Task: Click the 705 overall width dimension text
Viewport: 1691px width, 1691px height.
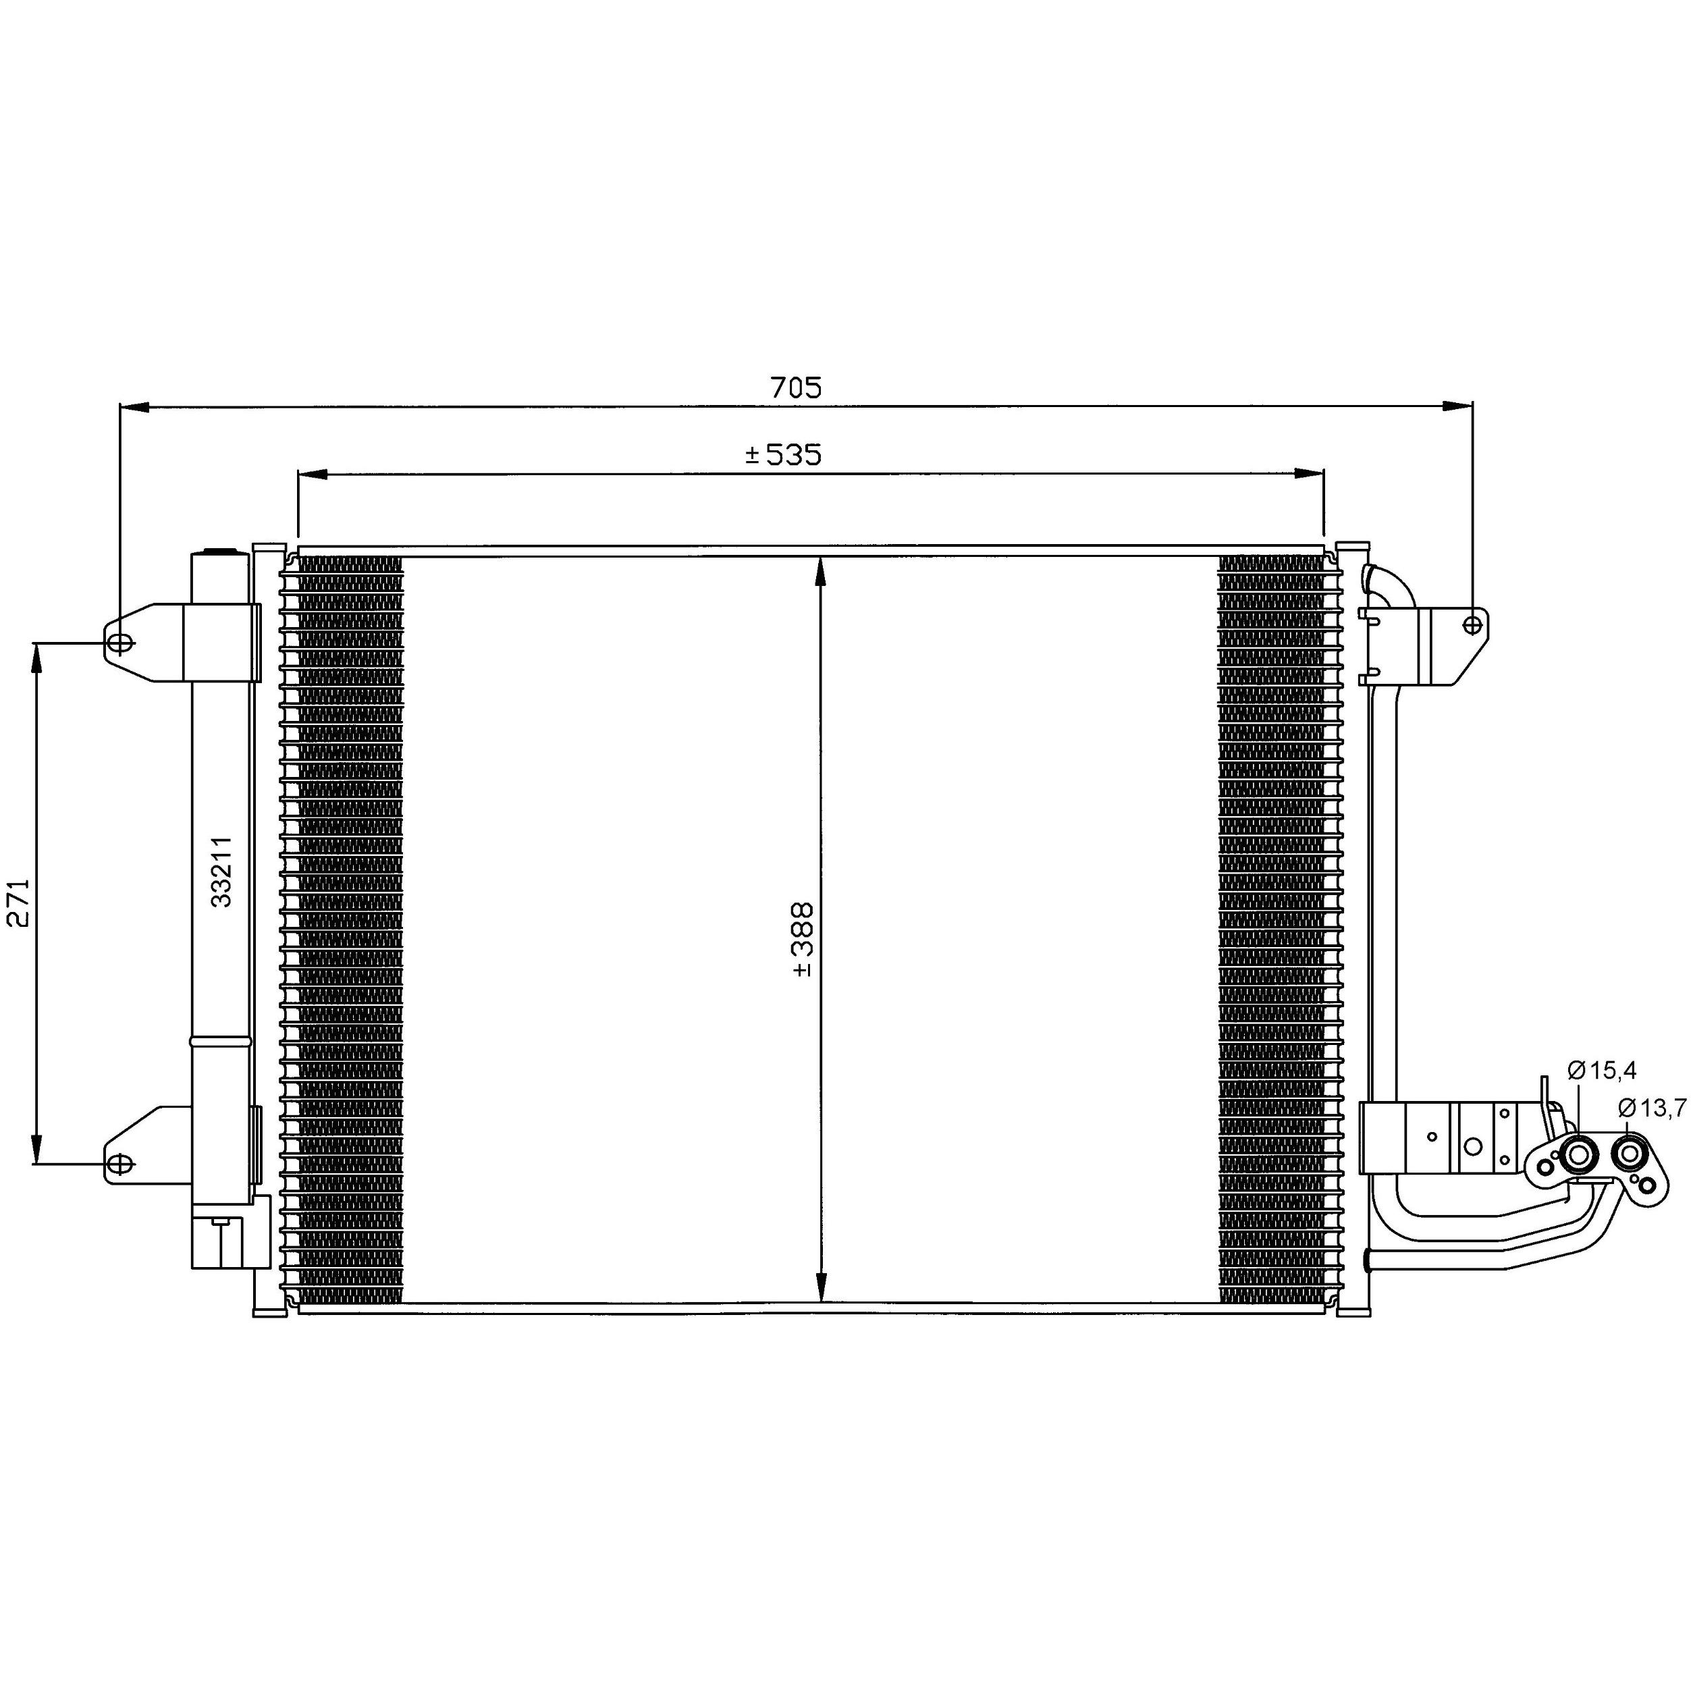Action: pyautogui.click(x=796, y=387)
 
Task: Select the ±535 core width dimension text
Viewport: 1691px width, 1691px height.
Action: pyautogui.click(x=782, y=454)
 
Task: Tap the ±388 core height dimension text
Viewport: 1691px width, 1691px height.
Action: pyautogui.click(x=803, y=939)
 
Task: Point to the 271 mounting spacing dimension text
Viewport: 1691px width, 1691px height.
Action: pyautogui.click(x=20, y=903)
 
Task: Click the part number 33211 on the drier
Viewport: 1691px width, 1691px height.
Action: pyautogui.click(x=221, y=871)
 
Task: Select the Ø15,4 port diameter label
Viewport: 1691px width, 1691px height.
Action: pyautogui.click(x=1602, y=1069)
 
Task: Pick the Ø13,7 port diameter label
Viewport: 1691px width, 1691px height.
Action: pyautogui.click(x=1652, y=1108)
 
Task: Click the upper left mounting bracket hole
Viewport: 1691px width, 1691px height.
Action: pyautogui.click(x=122, y=643)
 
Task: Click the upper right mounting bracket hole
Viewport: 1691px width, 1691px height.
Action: pyautogui.click(x=1473, y=624)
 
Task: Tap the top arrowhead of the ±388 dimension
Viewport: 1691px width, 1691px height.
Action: pyautogui.click(x=820, y=570)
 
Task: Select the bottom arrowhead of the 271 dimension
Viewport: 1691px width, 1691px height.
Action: pyautogui.click(x=36, y=1150)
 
